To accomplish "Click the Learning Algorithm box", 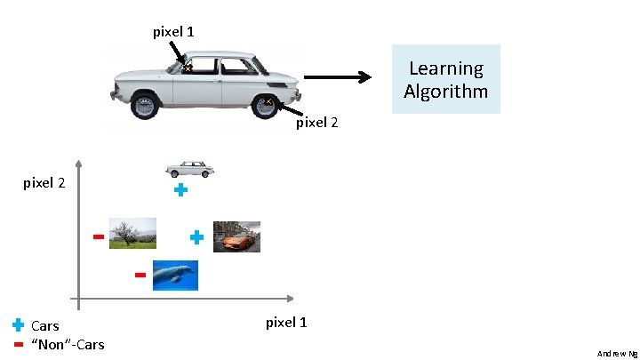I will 445,79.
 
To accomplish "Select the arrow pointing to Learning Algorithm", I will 337,77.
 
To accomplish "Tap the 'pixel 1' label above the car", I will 174,32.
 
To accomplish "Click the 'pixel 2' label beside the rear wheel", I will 316,123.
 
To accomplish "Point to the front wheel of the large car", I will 143,106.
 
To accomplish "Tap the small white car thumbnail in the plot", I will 190,169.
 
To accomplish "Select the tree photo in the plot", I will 132,233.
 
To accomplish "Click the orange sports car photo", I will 236,236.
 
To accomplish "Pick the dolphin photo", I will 174,276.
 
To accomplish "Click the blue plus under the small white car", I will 180,190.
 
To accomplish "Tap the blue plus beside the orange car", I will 197,237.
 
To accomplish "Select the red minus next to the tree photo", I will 98,237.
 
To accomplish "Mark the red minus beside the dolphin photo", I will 140,276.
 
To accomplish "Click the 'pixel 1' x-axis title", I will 286,322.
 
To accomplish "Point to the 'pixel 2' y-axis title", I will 44,184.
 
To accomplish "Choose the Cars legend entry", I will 44,325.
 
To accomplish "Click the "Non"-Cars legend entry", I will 67,344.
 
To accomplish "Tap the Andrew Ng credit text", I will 617,353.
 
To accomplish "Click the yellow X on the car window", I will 188,66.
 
